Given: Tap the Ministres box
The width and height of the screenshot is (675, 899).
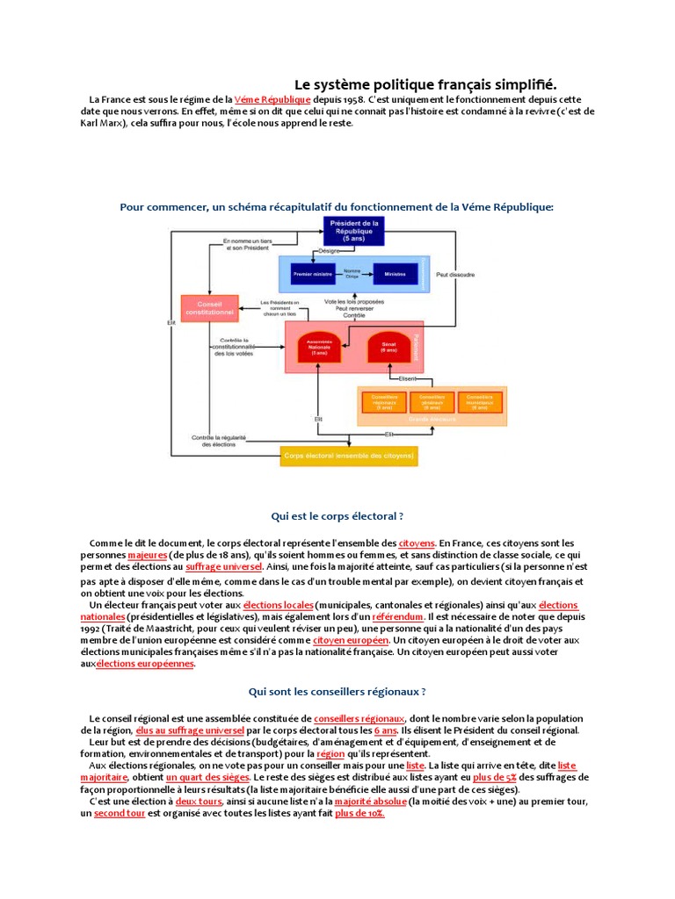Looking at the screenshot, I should [396, 274].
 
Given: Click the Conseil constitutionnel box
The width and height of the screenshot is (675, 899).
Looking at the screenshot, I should [209, 308].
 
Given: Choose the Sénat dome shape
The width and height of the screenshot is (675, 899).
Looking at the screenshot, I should [388, 347].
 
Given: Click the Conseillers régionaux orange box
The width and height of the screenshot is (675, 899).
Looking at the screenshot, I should [384, 402].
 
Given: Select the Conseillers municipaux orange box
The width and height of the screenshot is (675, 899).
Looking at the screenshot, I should [479, 402].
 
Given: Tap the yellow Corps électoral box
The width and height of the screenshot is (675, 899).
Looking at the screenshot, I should [348, 456].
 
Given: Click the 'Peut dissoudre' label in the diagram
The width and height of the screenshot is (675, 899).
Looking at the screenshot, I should [455, 275].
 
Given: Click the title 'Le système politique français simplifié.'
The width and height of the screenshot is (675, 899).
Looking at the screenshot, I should [425, 84].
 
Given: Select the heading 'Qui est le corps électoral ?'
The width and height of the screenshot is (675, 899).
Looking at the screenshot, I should [337, 516].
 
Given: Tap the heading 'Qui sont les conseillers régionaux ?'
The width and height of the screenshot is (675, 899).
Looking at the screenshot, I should [337, 692].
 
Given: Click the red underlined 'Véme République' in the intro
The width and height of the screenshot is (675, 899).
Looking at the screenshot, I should [266, 101].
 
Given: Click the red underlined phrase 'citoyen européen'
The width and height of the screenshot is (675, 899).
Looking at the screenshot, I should [351, 641].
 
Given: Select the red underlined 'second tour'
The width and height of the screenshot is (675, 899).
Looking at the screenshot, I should [120, 813].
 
